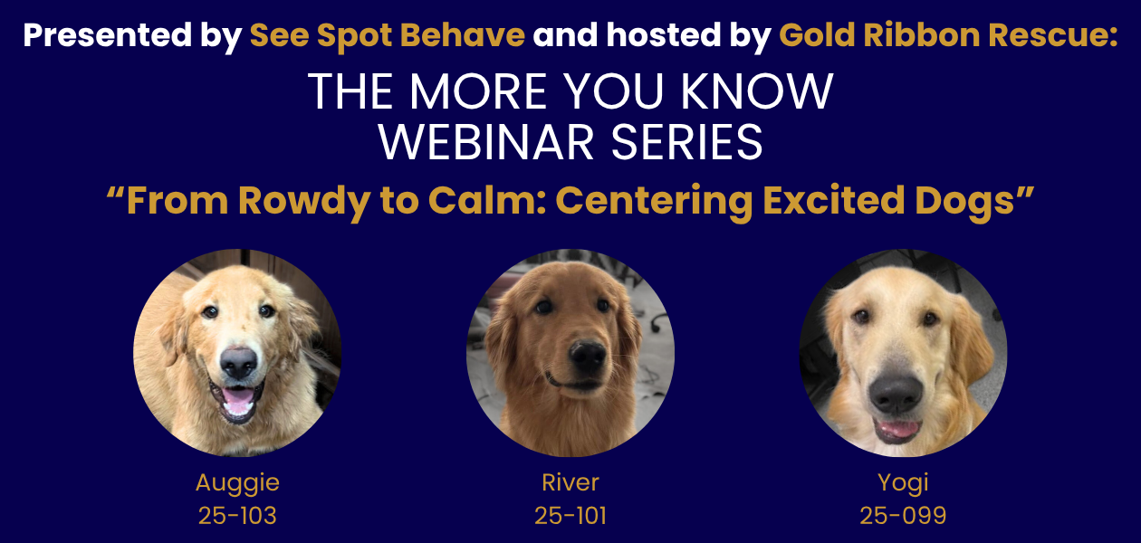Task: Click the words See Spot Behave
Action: click(388, 35)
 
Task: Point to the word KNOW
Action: click(757, 91)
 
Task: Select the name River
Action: click(570, 482)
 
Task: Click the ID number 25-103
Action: click(237, 516)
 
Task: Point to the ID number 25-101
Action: click(570, 516)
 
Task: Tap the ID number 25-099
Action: click(903, 516)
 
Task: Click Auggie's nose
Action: click(238, 362)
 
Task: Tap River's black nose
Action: click(588, 357)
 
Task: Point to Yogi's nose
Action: click(896, 393)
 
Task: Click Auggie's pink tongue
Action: click(238, 399)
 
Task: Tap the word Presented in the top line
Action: click(107, 35)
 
